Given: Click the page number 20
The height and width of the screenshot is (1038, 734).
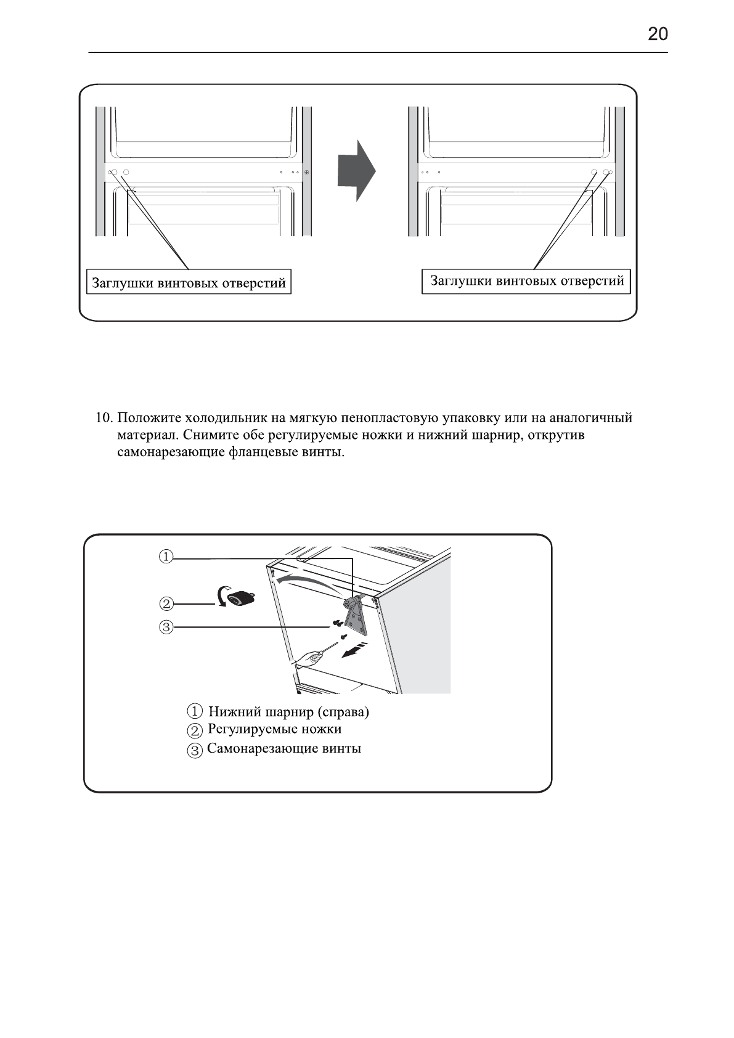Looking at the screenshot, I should [x=658, y=34].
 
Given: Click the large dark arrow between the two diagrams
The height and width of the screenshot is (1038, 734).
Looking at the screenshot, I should [x=356, y=171].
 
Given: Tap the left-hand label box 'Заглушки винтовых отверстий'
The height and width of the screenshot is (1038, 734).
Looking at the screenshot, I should [x=189, y=283].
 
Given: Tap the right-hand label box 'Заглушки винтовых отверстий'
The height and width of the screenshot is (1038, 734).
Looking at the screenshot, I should [x=526, y=281].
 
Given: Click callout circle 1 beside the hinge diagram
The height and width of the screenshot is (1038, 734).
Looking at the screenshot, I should [x=166, y=557].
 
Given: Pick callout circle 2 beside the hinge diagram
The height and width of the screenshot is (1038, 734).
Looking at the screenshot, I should [x=166, y=603].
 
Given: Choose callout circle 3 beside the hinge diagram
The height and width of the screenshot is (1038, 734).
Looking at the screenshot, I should [x=166, y=628].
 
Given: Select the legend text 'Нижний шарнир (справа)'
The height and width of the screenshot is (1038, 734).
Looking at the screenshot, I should [x=288, y=713].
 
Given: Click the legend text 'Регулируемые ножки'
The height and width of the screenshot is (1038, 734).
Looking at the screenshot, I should [x=274, y=730].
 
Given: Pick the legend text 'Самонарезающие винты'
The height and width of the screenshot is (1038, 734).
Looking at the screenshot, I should [x=284, y=749].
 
